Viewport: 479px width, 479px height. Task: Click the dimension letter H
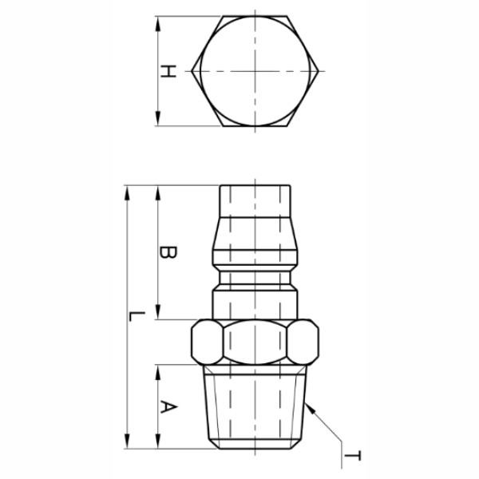(x=168, y=71)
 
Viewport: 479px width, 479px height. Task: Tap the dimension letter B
(x=168, y=252)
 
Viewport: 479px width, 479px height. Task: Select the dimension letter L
(x=137, y=316)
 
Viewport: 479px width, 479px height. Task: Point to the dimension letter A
(x=168, y=407)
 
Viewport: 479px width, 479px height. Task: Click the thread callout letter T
(x=353, y=456)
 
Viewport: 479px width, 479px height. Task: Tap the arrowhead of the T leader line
(x=310, y=408)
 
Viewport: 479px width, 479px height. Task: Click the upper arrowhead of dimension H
(x=158, y=23)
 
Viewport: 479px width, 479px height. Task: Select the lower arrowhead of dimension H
(x=158, y=118)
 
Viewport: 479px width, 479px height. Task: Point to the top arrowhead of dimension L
(x=127, y=192)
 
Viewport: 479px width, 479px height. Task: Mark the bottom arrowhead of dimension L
(x=127, y=441)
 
